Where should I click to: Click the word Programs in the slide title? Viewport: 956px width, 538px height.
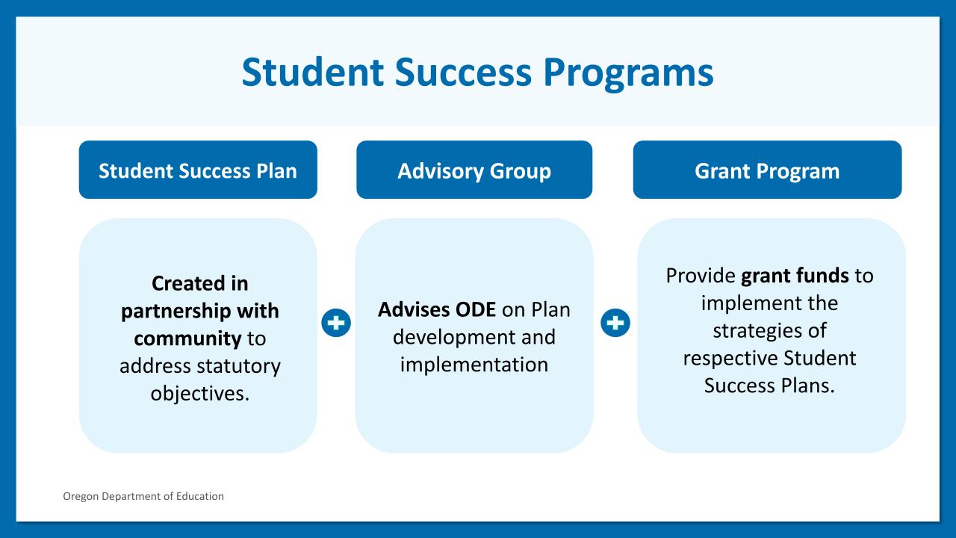tap(628, 73)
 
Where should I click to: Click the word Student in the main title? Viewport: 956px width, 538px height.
tap(313, 72)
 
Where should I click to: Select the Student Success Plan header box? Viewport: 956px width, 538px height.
tap(198, 170)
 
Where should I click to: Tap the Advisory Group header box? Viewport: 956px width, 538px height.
tap(474, 170)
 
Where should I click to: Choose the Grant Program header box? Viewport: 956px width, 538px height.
tap(767, 170)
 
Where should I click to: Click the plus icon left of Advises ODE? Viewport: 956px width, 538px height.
tap(336, 322)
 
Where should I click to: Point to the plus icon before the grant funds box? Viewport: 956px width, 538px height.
tap(615, 322)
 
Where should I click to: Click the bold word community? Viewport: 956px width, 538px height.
tap(187, 339)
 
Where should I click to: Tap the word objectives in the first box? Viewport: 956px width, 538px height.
tap(199, 394)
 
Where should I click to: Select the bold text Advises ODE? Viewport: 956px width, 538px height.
tap(437, 309)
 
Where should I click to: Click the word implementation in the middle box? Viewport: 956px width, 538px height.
tap(474, 365)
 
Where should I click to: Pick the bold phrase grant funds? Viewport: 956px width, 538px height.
tap(795, 276)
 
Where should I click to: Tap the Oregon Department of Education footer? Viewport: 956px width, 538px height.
tap(143, 496)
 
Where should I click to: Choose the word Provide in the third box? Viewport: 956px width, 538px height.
tap(701, 276)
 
